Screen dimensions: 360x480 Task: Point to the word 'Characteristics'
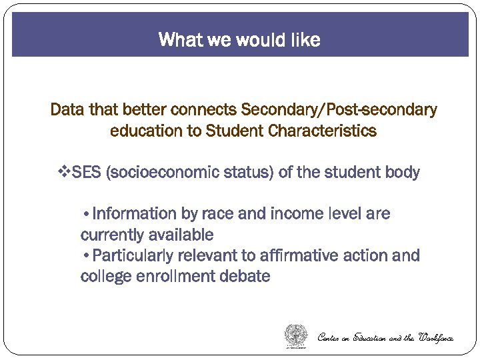pyautogui.click(x=322, y=131)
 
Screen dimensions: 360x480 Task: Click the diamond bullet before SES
pyautogui.click(x=65, y=173)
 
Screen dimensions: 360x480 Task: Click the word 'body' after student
pyautogui.click(x=402, y=173)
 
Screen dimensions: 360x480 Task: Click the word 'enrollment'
pyautogui.click(x=172, y=277)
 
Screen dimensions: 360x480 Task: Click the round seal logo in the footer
pyautogui.click(x=296, y=335)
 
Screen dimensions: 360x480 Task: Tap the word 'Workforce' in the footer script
pyautogui.click(x=437, y=337)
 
